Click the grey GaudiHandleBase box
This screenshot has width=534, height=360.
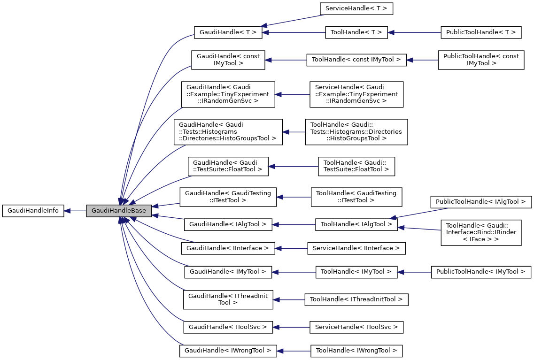[119, 211]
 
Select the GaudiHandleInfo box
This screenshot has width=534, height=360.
[33, 211]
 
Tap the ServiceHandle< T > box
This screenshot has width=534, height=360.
[356, 8]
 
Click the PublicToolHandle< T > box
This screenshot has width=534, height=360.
[481, 32]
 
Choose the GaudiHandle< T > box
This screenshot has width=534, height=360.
[228, 32]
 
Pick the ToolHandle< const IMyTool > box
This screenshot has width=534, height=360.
[356, 60]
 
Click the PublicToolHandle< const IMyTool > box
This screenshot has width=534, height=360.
[481, 60]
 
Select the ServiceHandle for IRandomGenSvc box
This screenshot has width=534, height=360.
[356, 94]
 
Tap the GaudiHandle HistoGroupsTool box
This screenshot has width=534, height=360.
[228, 132]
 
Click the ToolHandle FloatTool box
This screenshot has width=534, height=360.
[356, 167]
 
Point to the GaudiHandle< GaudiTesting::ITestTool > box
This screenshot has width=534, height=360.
[228, 197]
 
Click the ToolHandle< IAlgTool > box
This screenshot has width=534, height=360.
[356, 224]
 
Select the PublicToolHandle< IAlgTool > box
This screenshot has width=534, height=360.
[481, 202]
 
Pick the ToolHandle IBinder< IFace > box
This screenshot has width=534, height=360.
[481, 232]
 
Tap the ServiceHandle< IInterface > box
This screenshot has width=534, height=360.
[356, 248]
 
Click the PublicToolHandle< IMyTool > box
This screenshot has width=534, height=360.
[481, 272]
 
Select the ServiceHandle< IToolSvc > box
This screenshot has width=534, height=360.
[356, 327]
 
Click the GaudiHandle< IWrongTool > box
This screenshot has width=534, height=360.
[228, 350]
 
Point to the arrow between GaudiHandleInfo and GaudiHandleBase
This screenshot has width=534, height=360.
[75, 211]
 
